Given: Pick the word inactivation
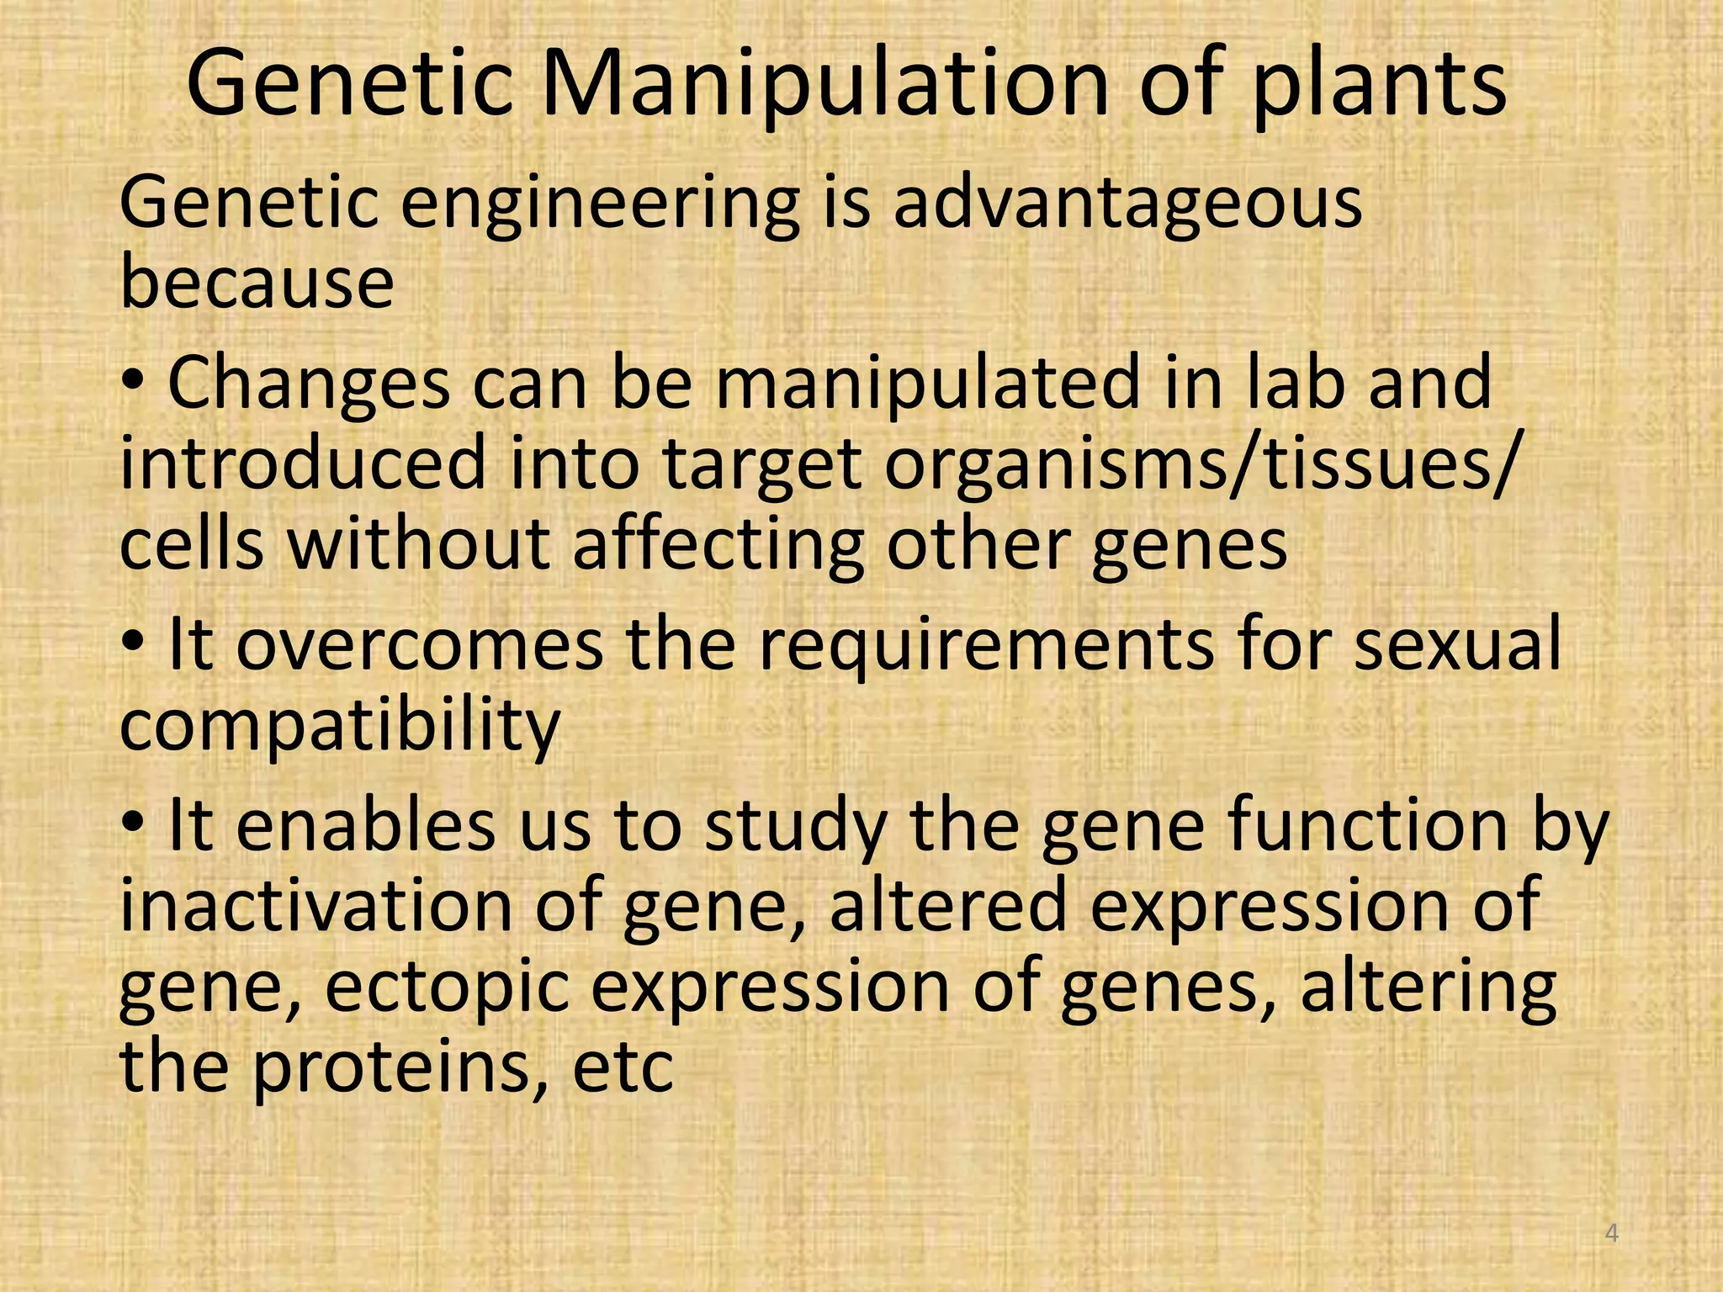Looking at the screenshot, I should coord(316,905).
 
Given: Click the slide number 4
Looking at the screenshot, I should coord(1612,1234).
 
